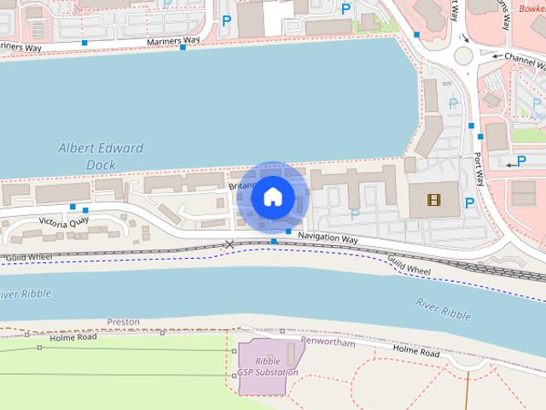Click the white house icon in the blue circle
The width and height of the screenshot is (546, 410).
tap(273, 196)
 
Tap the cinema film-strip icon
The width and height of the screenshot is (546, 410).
tap(435, 202)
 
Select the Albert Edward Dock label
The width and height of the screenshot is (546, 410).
tap(101, 156)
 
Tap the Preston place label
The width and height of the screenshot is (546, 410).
tap(123, 322)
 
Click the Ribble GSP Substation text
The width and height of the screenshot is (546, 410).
tap(267, 366)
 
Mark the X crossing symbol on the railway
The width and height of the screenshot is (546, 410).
tap(229, 244)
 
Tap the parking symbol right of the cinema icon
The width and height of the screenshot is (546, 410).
tap(469, 202)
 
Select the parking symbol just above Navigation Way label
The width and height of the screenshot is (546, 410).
tap(354, 214)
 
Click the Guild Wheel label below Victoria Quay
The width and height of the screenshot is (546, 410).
tap(28, 257)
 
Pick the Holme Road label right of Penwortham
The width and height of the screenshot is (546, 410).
tap(416, 351)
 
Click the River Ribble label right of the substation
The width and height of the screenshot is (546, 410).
tap(443, 309)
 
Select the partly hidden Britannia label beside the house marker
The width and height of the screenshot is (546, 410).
tap(241, 185)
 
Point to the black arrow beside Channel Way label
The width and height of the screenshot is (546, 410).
tap(494, 55)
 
